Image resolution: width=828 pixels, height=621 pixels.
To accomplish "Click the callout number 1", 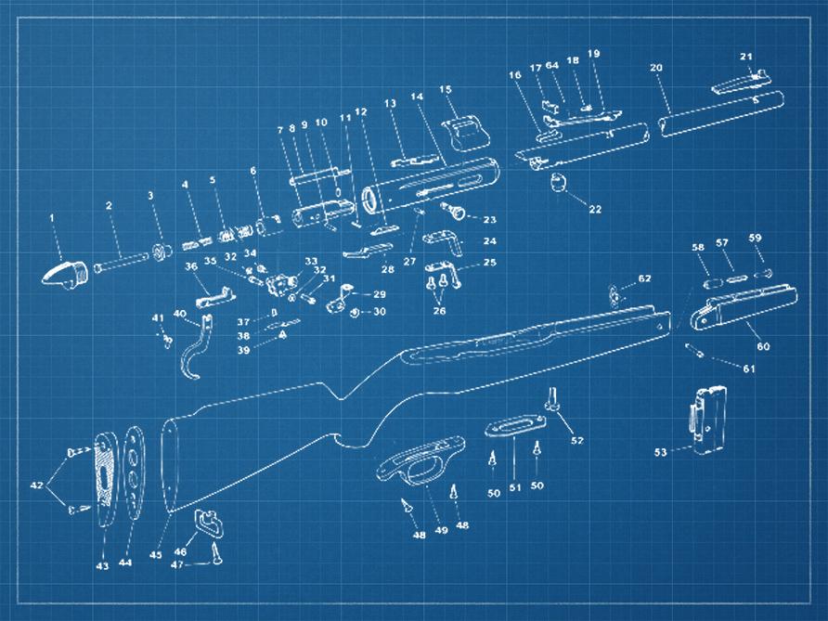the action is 52,217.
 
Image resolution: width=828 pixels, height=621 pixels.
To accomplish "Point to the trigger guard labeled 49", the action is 420,460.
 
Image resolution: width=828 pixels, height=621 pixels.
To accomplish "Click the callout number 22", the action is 595,209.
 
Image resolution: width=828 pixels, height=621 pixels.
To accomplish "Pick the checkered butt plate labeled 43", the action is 105,478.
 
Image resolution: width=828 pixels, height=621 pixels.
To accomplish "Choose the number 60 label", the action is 763,346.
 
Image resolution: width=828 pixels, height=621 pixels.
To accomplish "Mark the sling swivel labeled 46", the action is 209,523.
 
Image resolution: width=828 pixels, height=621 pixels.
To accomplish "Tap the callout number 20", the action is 656,68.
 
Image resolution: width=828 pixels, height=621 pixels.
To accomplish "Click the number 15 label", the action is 446,89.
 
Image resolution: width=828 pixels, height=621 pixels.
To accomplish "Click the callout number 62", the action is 645,278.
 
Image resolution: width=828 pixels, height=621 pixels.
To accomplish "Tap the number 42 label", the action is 36,485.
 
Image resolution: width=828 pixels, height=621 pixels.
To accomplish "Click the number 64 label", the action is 551,66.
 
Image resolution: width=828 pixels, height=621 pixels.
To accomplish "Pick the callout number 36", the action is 190,266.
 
